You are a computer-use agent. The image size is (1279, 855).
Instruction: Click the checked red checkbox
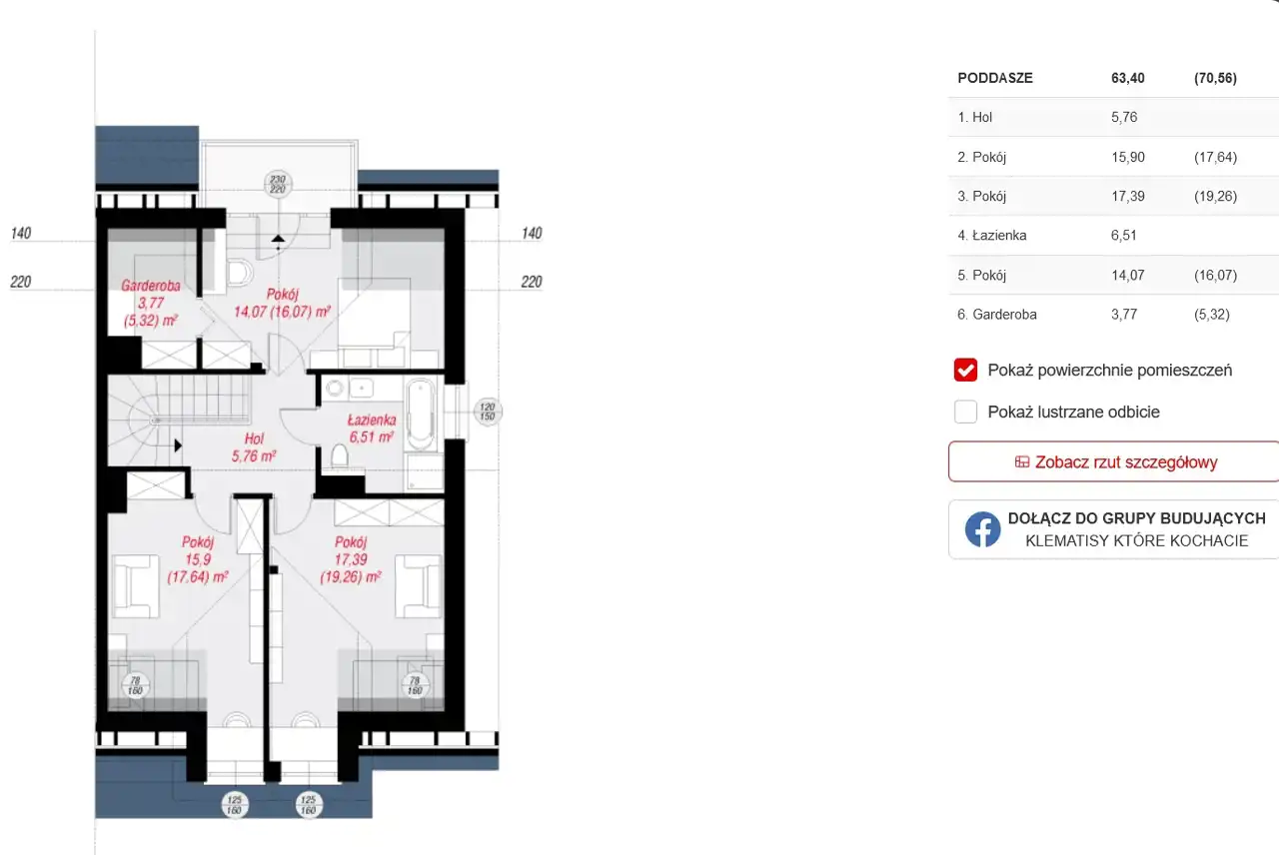click(x=965, y=370)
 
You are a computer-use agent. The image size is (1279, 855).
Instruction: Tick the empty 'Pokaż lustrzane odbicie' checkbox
click(x=965, y=412)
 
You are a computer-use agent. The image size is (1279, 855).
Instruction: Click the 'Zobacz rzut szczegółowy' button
click(x=1113, y=461)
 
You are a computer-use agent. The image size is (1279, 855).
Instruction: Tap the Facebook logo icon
click(x=982, y=529)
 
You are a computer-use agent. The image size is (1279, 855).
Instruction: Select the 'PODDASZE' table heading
click(x=994, y=78)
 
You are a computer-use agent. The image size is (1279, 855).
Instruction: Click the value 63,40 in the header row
click(x=1128, y=78)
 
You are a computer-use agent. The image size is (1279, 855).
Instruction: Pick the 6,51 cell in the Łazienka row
click(x=1124, y=235)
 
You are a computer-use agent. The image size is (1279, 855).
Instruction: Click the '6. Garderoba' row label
click(x=997, y=315)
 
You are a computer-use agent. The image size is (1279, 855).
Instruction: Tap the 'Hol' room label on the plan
click(x=254, y=438)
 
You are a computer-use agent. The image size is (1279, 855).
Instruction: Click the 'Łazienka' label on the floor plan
click(x=372, y=421)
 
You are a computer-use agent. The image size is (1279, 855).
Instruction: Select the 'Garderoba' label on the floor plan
click(x=151, y=286)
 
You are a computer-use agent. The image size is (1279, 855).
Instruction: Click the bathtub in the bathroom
click(x=421, y=414)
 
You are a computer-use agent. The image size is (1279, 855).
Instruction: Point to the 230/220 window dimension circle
click(x=278, y=184)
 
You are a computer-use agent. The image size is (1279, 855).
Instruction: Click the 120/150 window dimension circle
click(x=487, y=411)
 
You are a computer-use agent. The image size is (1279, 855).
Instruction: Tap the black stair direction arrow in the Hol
click(x=178, y=445)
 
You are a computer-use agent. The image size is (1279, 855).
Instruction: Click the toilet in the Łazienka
click(x=340, y=457)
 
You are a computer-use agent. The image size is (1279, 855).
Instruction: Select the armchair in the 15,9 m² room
click(x=136, y=586)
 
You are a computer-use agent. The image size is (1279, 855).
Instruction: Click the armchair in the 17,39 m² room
click(x=418, y=586)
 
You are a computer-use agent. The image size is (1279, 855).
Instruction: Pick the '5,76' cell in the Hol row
click(x=1124, y=118)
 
